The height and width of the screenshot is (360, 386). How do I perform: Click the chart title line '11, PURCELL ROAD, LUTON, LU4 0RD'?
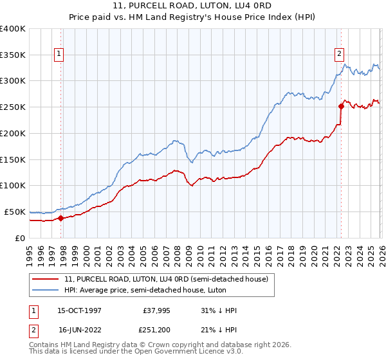coord(193,6)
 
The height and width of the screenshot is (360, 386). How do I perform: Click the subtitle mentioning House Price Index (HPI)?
coord(193,17)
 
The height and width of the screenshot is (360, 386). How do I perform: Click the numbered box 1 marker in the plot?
coord(59,55)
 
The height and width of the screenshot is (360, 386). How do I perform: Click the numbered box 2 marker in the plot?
coord(339,55)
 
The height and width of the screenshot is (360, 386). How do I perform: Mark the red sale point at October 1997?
coord(61,218)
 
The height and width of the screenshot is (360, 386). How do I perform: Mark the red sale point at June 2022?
coord(341,107)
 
